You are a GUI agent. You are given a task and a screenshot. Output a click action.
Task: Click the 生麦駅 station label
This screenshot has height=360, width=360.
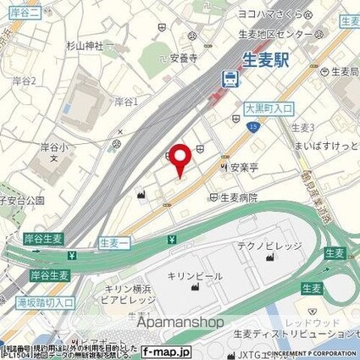[265, 60]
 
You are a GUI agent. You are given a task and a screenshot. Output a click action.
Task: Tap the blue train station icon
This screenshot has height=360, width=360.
[229, 79]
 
